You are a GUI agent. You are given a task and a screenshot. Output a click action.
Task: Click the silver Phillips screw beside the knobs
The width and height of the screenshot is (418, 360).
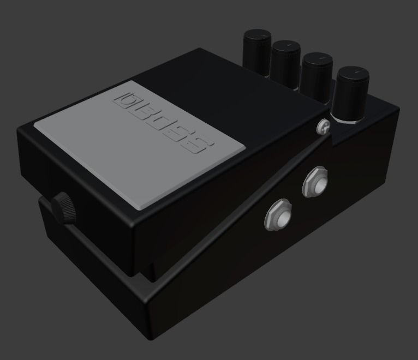[324, 127]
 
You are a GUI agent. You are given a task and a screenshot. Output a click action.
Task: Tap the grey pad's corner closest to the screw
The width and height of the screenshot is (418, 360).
[244, 147]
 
